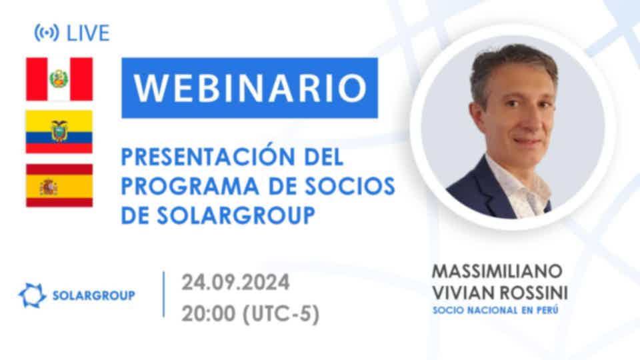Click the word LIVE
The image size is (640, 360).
(88, 33)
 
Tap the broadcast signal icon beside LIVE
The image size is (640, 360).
(47, 33)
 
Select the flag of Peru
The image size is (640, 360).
(59, 79)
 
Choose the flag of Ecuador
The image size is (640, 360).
(59, 131)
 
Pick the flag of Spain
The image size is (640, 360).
(59, 185)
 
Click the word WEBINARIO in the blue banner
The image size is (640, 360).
(250, 88)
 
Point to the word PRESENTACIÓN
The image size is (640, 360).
(208, 156)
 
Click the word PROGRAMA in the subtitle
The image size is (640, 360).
(190, 186)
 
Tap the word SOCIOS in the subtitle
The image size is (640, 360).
(350, 186)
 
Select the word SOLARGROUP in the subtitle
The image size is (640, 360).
(236, 215)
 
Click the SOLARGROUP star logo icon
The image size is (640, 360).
(32, 295)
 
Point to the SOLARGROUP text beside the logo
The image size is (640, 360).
(94, 295)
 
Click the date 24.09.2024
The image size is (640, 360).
(235, 283)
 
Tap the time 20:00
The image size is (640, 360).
(209, 314)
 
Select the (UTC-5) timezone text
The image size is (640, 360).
(281, 314)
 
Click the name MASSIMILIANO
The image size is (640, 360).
(497, 271)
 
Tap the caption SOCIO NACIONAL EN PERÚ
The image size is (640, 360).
(495, 310)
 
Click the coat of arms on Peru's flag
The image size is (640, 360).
(59, 79)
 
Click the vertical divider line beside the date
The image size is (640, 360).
(164, 294)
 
